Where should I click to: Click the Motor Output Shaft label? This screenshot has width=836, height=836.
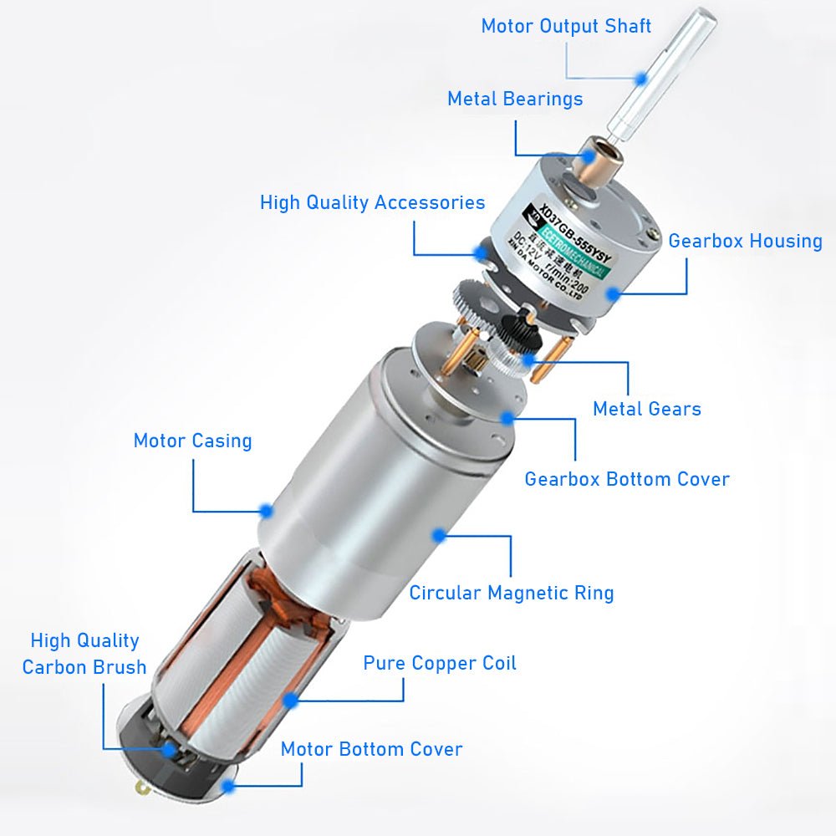click(566, 25)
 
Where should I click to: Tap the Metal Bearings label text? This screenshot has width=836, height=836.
click(515, 99)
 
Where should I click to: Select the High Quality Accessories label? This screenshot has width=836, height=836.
click(372, 202)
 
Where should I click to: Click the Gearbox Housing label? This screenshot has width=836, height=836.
click(745, 241)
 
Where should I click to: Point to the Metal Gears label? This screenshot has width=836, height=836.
click(646, 409)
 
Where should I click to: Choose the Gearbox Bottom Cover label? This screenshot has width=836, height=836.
click(626, 479)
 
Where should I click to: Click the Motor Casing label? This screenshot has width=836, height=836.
click(192, 441)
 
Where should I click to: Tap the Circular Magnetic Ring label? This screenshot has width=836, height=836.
click(511, 593)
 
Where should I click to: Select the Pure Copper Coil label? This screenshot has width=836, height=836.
click(440, 663)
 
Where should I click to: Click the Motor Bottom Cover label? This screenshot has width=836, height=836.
click(371, 748)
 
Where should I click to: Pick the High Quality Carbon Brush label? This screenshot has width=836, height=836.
click(84, 654)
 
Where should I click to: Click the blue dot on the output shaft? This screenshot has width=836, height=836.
click(640, 78)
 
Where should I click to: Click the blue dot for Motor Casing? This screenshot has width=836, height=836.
click(266, 510)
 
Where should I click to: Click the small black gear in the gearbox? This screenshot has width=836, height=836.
click(527, 321)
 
